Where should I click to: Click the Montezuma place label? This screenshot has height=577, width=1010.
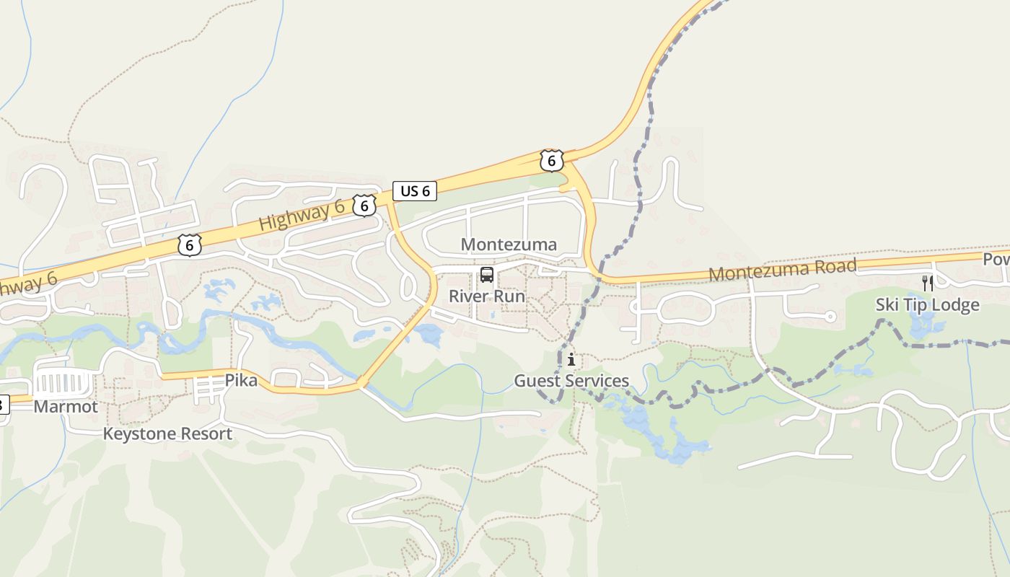(509, 245)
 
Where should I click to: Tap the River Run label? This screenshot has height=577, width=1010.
(487, 296)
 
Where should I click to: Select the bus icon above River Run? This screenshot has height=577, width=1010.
(487, 275)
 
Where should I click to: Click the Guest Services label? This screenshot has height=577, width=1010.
(571, 381)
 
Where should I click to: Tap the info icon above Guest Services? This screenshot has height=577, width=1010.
(571, 359)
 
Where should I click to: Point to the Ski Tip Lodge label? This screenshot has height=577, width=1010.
(927, 305)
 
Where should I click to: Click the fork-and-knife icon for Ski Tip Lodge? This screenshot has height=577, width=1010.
(928, 283)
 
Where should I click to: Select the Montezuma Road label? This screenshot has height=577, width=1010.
(783, 270)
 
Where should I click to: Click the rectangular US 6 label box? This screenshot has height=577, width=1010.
(415, 191)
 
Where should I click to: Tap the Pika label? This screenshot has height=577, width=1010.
(241, 380)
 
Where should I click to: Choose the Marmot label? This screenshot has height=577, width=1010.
(66, 407)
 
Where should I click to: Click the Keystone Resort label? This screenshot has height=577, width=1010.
(167, 434)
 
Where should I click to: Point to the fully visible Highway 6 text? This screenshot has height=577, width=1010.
(302, 216)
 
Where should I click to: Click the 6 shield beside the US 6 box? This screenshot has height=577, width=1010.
(364, 206)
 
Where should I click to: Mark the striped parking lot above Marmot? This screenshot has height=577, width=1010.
(65, 382)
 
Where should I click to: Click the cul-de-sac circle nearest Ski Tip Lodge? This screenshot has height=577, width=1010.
(830, 316)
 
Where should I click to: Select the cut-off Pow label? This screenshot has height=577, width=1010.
(996, 259)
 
